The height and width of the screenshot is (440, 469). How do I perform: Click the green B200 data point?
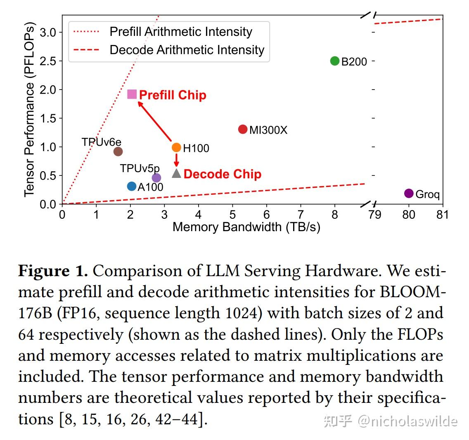335,61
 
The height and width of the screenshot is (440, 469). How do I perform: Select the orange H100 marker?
176,147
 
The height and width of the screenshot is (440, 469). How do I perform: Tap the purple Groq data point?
409,193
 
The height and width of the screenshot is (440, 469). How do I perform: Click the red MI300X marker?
243,129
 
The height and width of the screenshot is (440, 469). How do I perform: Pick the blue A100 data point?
132,187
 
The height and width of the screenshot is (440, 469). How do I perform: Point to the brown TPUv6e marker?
118,151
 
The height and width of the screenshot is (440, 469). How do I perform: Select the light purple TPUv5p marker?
156,178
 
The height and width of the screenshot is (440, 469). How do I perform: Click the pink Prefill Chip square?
132,94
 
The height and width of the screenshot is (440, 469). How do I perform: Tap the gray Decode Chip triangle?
176,173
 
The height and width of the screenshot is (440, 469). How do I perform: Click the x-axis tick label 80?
409,215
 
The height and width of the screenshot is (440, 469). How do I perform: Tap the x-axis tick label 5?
232,215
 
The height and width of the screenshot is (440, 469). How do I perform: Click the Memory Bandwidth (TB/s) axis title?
246,227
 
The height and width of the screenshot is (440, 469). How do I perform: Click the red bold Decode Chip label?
222,174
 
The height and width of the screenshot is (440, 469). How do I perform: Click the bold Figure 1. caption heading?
53,271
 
